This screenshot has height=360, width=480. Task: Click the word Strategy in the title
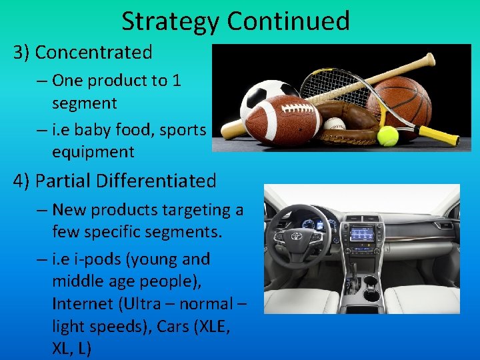[x=171, y=21]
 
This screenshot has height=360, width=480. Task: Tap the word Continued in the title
[x=288, y=21]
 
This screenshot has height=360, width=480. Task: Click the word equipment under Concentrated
[x=93, y=152]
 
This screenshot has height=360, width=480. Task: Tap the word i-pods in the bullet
[x=110, y=259]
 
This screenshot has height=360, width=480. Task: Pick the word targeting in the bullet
[x=189, y=210]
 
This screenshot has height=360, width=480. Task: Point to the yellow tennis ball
[x=387, y=135]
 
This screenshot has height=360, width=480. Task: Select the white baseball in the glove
[x=334, y=124]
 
